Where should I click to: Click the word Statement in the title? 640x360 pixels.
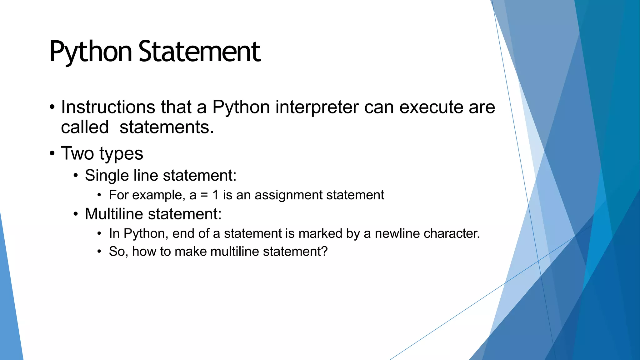point(199,52)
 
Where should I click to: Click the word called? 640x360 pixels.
point(85,127)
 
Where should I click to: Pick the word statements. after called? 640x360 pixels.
point(167,127)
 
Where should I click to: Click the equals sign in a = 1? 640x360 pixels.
point(204,195)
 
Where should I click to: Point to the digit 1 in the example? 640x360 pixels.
point(215,195)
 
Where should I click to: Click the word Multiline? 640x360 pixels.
point(114,214)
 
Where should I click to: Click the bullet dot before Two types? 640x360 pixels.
point(52,153)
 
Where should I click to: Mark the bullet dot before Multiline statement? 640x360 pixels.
point(76,215)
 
